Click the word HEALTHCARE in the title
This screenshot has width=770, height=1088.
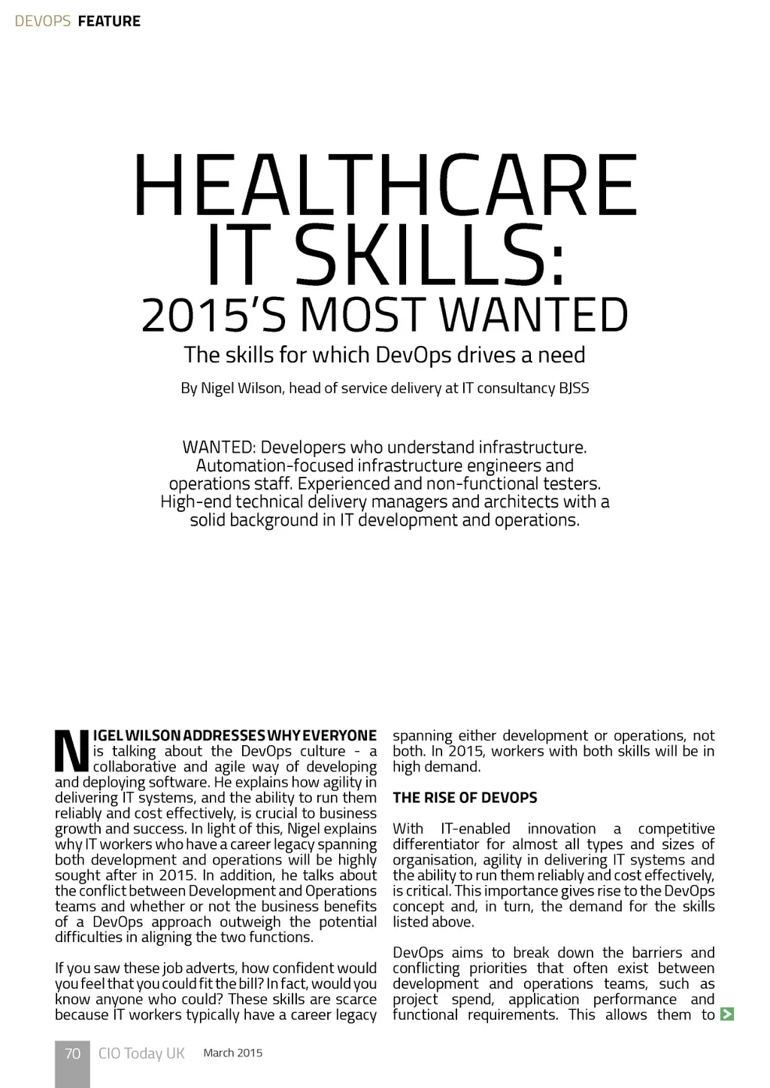[x=385, y=184]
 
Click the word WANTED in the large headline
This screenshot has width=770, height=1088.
[x=533, y=316]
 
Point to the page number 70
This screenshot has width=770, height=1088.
[x=72, y=1053]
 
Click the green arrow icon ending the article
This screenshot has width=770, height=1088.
[x=726, y=1014]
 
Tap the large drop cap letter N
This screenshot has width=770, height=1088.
[x=71, y=751]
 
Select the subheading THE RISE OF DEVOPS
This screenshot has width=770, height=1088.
[x=465, y=797]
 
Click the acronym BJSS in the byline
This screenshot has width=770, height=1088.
[x=574, y=389]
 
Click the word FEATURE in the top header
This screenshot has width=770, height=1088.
[x=109, y=21]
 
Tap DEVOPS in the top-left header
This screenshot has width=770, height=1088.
[x=43, y=21]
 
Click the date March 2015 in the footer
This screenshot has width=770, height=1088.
[x=233, y=1053]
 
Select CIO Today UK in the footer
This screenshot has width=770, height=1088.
[x=141, y=1053]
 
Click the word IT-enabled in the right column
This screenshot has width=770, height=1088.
[x=475, y=829]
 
